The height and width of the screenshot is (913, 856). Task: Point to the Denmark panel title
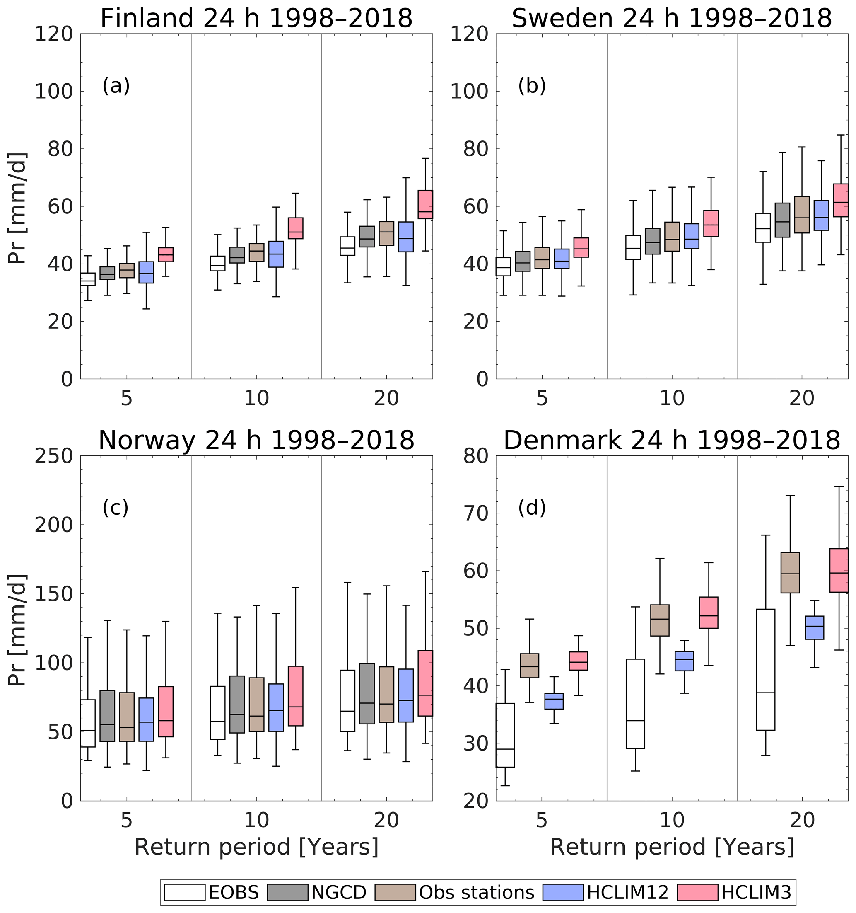coord(672,441)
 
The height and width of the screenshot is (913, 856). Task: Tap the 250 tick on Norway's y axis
coord(54,456)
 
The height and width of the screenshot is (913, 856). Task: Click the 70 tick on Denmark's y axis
coord(475,513)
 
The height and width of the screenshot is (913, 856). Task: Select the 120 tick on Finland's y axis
coord(54,34)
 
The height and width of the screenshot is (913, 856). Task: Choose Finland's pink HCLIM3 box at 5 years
coord(166,255)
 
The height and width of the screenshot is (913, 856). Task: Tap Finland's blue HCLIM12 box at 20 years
coord(406,237)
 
